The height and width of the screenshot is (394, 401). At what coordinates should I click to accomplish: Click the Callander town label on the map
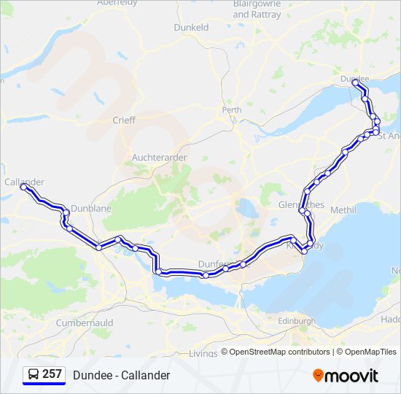pyautogui.click(x=24, y=182)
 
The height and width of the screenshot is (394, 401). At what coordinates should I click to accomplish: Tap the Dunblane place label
pyautogui.click(x=92, y=208)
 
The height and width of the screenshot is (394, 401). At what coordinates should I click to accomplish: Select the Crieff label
pyautogui.click(x=123, y=120)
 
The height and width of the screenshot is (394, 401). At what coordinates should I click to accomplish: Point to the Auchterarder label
pyautogui.click(x=160, y=157)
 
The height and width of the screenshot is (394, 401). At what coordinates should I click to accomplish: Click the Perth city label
pyautogui.click(x=232, y=110)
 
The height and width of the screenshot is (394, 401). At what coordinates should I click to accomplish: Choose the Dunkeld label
pyautogui.click(x=191, y=27)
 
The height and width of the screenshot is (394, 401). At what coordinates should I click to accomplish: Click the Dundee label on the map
pyautogui.click(x=354, y=78)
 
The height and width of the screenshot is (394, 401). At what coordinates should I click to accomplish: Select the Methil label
pyautogui.click(x=343, y=210)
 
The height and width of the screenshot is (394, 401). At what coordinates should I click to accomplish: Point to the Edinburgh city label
pyautogui.click(x=297, y=320)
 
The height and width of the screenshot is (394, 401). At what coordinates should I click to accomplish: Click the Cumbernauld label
pyautogui.click(x=82, y=322)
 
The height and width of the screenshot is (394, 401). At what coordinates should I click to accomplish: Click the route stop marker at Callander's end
pyautogui.click(x=24, y=188)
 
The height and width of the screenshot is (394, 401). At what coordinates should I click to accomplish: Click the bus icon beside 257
pyautogui.click(x=34, y=375)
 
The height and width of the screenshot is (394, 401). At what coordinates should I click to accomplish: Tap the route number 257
pyautogui.click(x=52, y=374)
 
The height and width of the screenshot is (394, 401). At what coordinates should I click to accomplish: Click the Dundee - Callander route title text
pyautogui.click(x=121, y=375)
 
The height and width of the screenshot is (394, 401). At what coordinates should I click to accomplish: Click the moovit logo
pyautogui.click(x=346, y=376)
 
